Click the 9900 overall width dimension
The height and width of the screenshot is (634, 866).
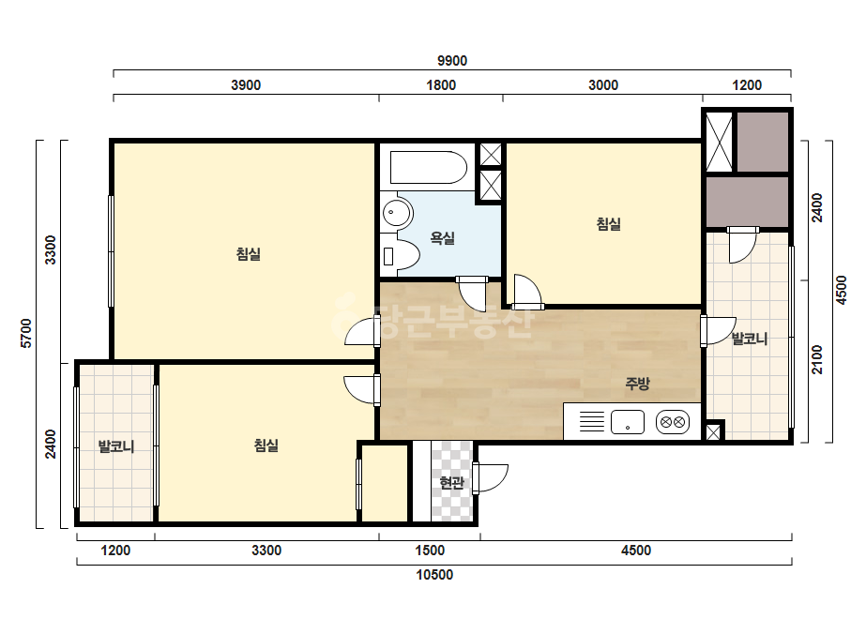click(x=452, y=61)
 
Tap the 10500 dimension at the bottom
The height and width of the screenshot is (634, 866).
click(x=434, y=575)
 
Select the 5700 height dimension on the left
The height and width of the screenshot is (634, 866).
click(x=26, y=333)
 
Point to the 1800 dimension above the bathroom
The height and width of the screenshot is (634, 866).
click(x=441, y=85)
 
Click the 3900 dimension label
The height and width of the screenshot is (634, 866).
click(x=246, y=85)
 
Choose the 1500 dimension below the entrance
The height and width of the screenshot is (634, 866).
click(x=429, y=551)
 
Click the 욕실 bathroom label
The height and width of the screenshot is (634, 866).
click(x=443, y=238)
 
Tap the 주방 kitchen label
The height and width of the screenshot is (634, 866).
click(x=637, y=384)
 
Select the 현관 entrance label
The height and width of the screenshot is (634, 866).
click(x=451, y=483)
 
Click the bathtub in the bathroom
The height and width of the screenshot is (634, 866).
click(x=429, y=167)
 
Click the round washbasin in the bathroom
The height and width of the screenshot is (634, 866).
click(x=397, y=212)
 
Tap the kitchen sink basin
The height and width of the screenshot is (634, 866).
click(x=628, y=422)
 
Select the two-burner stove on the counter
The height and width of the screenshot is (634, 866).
click(x=673, y=422)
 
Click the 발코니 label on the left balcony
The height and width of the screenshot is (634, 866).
click(x=116, y=445)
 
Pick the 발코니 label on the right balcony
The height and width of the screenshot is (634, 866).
click(x=750, y=339)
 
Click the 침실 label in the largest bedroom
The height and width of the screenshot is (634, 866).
click(x=248, y=254)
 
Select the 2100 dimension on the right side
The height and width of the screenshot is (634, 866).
click(x=817, y=359)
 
